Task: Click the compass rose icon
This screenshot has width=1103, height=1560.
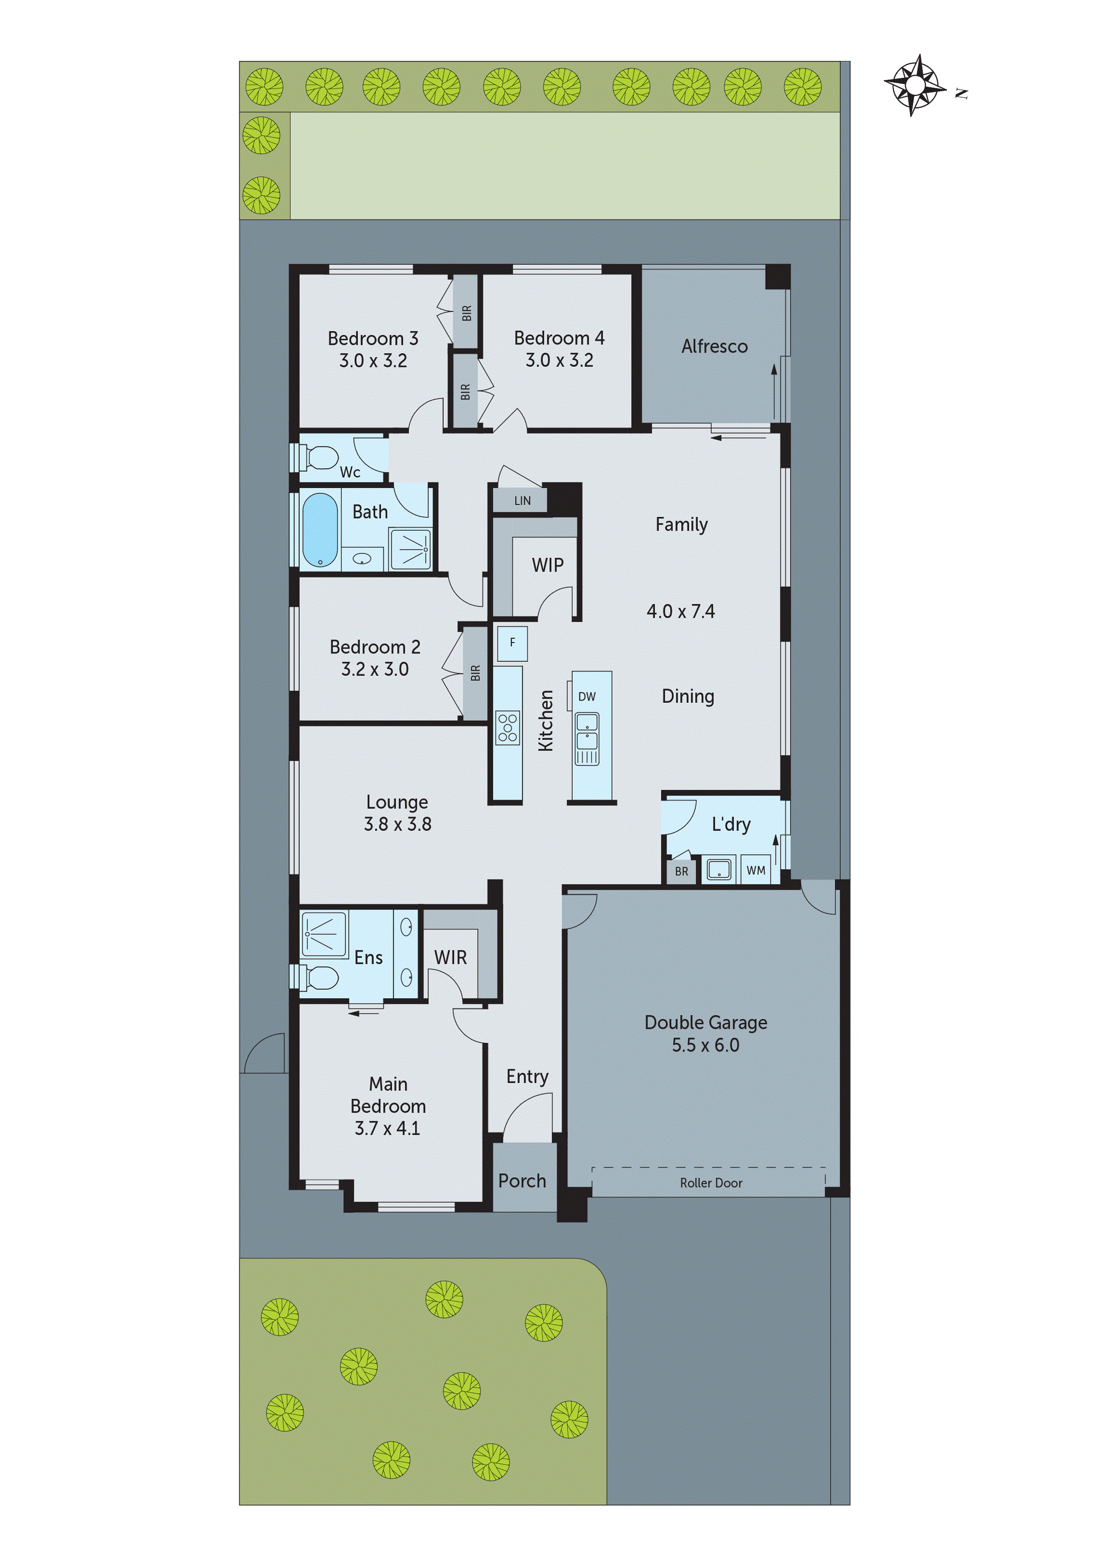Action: click(x=915, y=86)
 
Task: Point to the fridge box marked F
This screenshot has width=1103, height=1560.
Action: click(x=512, y=643)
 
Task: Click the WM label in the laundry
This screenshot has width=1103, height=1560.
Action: click(x=756, y=870)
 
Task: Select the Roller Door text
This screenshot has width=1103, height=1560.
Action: click(x=711, y=1183)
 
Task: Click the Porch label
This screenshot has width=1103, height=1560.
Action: click(x=522, y=1181)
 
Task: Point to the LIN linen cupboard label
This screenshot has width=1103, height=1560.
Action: click(x=522, y=501)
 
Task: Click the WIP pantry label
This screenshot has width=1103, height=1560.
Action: click(x=547, y=565)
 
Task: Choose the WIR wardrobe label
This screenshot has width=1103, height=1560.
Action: click(x=450, y=957)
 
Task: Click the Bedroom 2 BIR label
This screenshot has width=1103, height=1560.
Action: click(x=475, y=673)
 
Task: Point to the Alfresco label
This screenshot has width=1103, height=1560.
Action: click(x=714, y=346)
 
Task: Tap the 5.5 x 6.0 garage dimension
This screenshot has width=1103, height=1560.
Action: click(x=705, y=1045)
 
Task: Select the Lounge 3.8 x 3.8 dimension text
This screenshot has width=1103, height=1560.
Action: click(x=398, y=824)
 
